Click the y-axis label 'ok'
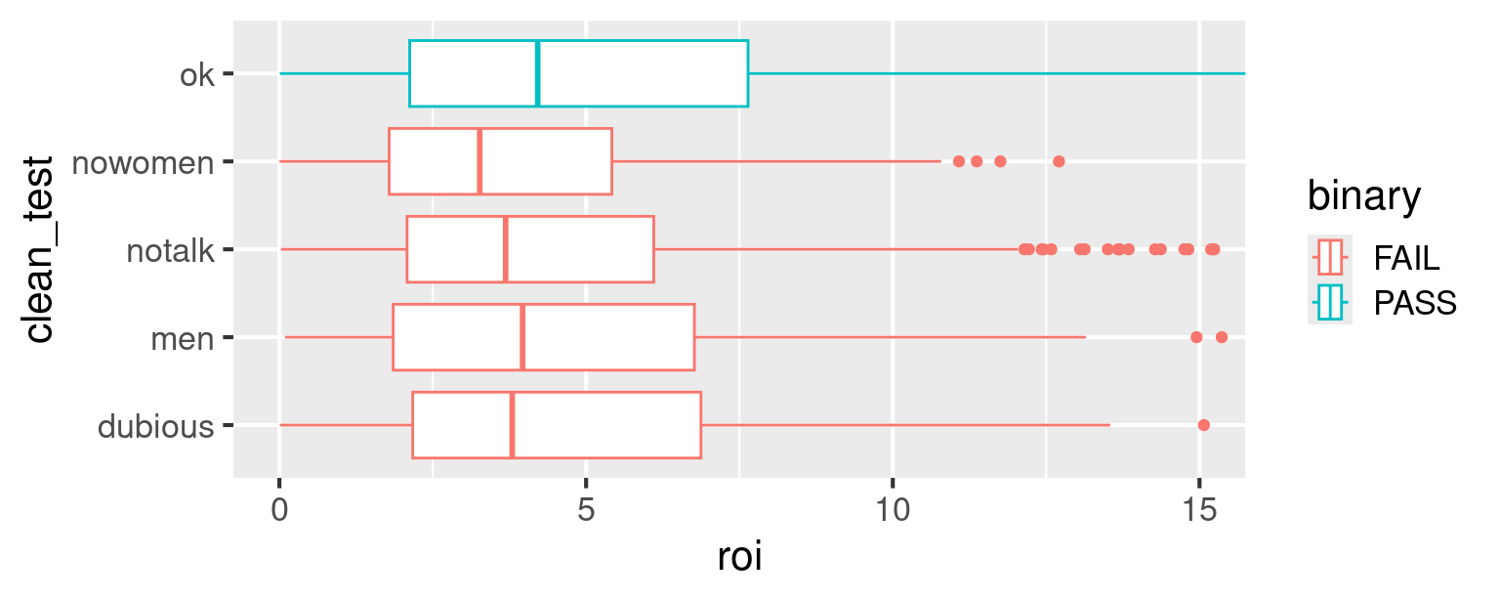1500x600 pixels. pyautogui.click(x=196, y=74)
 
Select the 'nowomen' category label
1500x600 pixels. pyautogui.click(x=144, y=162)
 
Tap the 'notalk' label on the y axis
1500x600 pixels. pyautogui.click(x=170, y=250)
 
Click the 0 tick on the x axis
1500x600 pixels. pyautogui.click(x=280, y=509)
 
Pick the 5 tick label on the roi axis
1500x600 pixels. pyautogui.click(x=586, y=509)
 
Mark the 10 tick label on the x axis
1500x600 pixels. pyautogui.click(x=893, y=509)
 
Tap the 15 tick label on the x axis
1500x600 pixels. pyautogui.click(x=1198, y=509)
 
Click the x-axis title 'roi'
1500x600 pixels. pyautogui.click(x=739, y=559)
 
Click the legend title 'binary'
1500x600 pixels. pyautogui.click(x=1364, y=197)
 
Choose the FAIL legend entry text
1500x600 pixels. pyautogui.click(x=1406, y=259)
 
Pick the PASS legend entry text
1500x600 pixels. pyautogui.click(x=1414, y=304)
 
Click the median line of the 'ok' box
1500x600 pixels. pyautogui.click(x=537, y=73)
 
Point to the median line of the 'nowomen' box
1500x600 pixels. pyautogui.click(x=479, y=161)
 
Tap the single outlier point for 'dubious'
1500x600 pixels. pyautogui.click(x=1203, y=425)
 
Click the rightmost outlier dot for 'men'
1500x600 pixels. pyautogui.click(x=1221, y=337)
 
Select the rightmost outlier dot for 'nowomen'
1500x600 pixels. pyautogui.click(x=1059, y=161)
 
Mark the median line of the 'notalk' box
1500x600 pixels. pyautogui.click(x=505, y=249)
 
